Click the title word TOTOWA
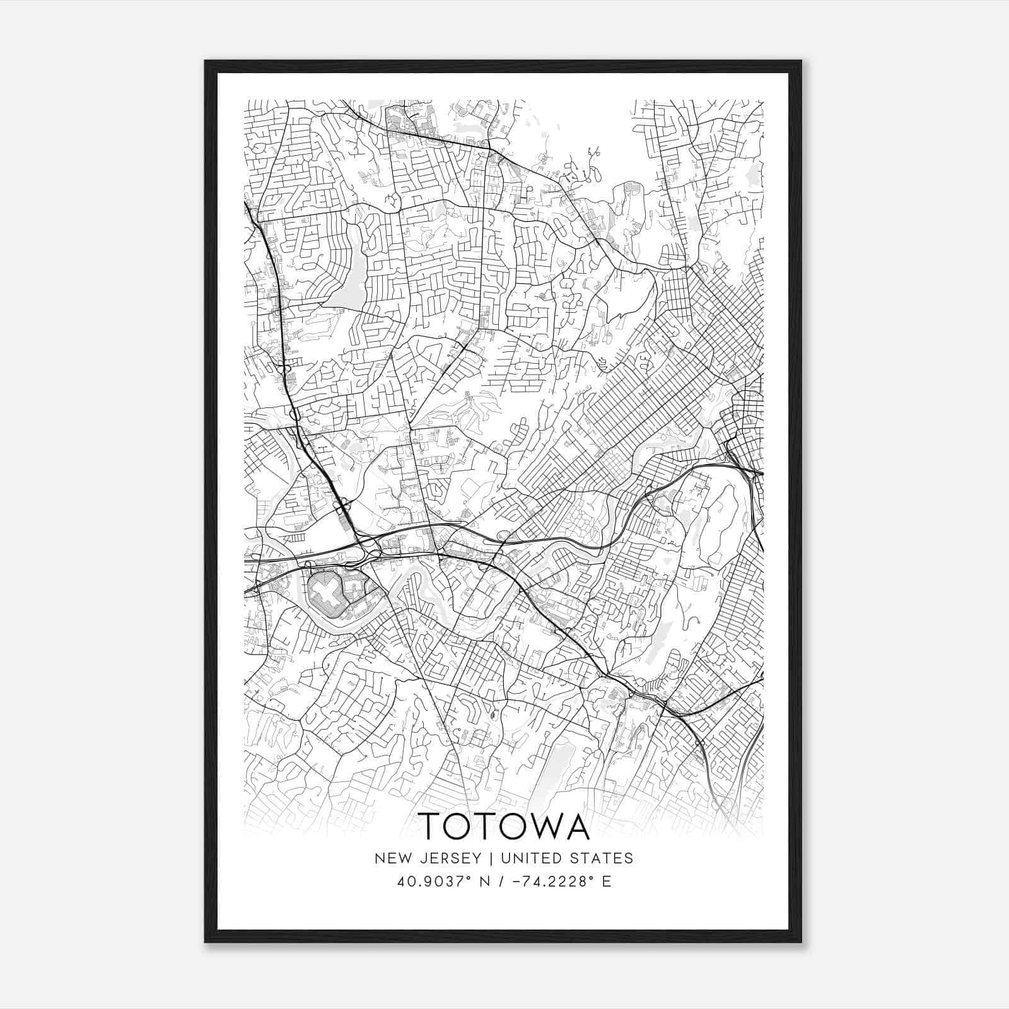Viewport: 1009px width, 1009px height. click(x=504, y=826)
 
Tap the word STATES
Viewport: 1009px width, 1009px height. click(x=603, y=858)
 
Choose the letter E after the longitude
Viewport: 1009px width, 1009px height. click(x=606, y=882)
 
